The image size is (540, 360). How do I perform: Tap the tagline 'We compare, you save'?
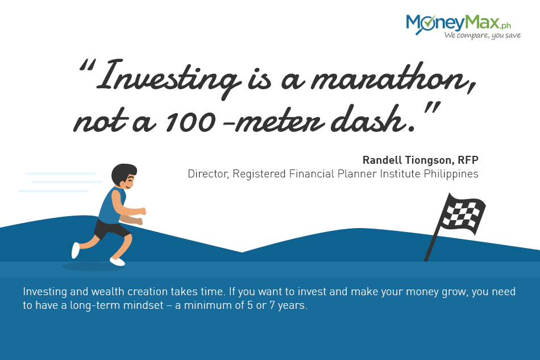coord(482,35)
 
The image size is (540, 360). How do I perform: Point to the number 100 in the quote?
coord(190,122)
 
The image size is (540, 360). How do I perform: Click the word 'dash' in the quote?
coord(368,120)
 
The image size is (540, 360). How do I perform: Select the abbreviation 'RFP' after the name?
coord(468,160)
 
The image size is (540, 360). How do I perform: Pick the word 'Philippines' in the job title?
coord(451,174)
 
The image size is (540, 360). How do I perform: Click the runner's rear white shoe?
coord(76,250)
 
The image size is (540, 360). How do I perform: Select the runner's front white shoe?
coord(118,262)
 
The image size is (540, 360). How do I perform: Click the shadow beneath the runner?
coord(92,267)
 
